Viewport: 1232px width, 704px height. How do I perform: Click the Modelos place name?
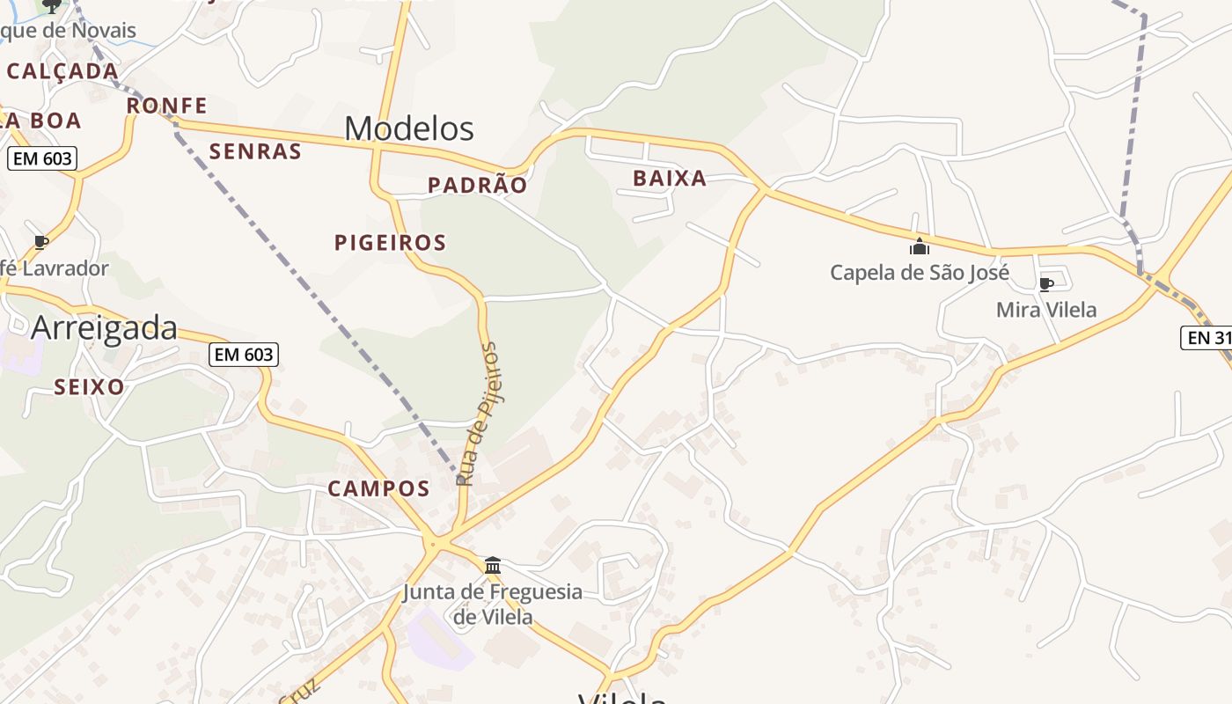coord(409,128)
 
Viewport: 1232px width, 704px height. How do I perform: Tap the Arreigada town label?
coord(104,328)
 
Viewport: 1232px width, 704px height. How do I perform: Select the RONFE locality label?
coord(166,106)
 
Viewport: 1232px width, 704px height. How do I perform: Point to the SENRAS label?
coord(255,151)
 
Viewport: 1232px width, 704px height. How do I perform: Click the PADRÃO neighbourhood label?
coord(477,185)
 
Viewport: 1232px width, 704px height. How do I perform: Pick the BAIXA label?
coord(670,179)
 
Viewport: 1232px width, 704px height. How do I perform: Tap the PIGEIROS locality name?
coord(390,242)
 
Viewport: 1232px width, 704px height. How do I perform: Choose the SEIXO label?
coord(89,386)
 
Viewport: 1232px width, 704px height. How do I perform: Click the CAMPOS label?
coord(378,488)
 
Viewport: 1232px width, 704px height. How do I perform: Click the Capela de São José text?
coord(919,272)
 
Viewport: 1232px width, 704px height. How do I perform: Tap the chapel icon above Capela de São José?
coord(920,246)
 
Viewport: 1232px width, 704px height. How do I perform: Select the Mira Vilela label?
coord(1046,310)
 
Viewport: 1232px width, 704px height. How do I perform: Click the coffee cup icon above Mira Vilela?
coord(1046,284)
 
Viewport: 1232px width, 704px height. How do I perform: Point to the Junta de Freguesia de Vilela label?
coord(493,604)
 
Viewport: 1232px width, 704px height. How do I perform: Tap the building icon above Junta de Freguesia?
coord(493,565)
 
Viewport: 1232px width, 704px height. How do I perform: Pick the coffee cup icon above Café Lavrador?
coord(41,242)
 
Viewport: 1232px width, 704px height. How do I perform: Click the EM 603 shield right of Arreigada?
coord(244,355)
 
